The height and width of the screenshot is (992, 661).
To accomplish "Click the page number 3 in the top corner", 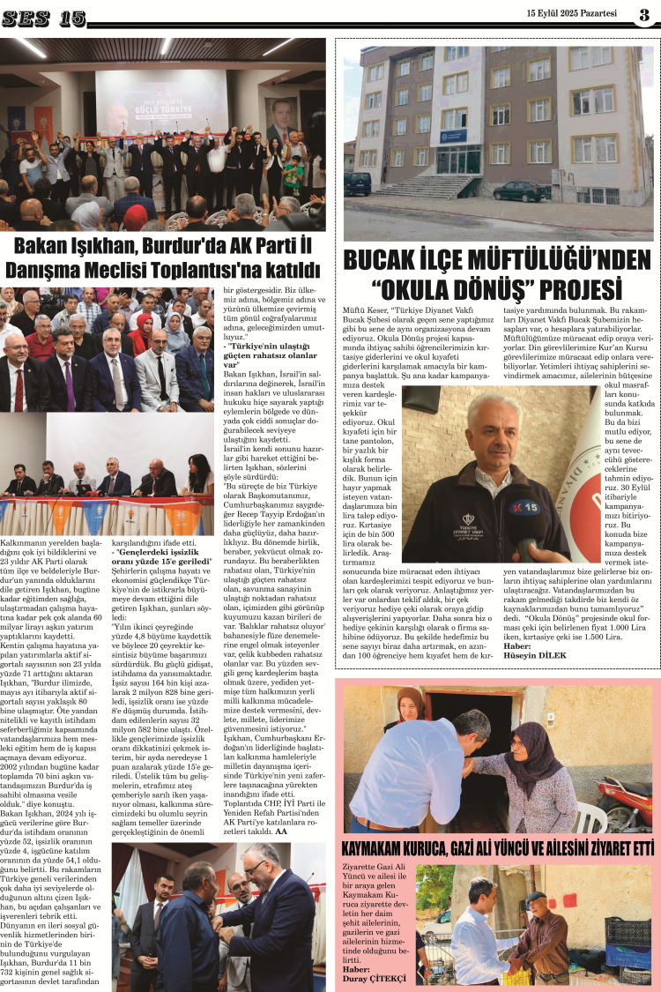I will pyautogui.click(x=644, y=13).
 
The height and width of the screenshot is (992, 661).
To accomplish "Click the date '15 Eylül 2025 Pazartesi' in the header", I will pyautogui.click(x=572, y=13).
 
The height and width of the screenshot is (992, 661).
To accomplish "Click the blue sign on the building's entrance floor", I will pyautogui.click(x=454, y=136).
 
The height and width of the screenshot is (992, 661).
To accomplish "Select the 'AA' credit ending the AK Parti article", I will pyautogui.click(x=281, y=806).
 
